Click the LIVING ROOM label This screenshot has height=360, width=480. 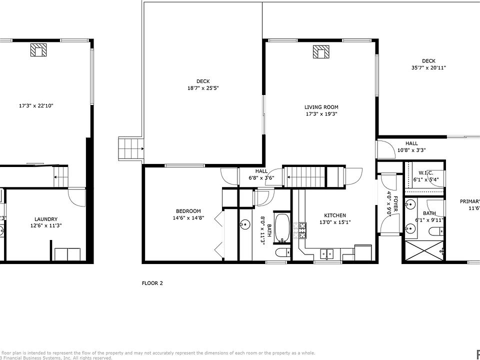(321, 107)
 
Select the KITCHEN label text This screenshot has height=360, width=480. (332, 215)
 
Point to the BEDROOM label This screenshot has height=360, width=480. (187, 211)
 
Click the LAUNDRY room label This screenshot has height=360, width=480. (45, 219)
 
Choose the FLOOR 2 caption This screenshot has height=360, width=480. (152, 283)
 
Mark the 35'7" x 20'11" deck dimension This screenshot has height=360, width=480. (428, 67)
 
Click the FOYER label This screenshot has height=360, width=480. (395, 203)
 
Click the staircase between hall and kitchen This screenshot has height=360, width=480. (305, 176)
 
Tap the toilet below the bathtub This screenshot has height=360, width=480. (282, 253)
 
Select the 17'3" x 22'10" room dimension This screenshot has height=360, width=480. (36, 106)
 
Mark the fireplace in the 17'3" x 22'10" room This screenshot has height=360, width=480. (38, 50)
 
